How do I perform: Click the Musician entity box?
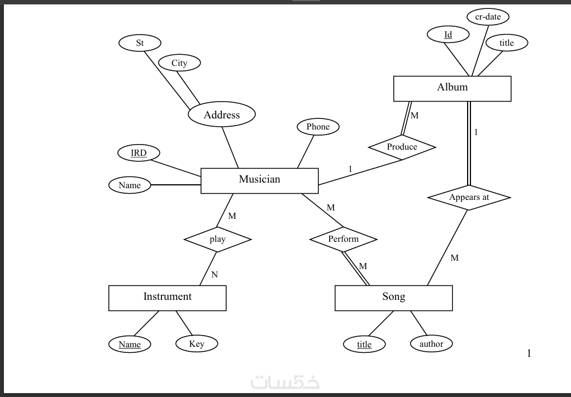259,180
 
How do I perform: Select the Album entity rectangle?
452,88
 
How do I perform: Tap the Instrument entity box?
167,298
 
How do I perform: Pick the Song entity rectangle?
393,298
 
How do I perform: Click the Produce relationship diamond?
402,147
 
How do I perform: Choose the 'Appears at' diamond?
469,198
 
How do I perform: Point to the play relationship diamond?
217,240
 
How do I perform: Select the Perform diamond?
343,240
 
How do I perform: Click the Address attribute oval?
222,115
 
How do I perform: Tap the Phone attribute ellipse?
318,127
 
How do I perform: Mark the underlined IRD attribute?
139,153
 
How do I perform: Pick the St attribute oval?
140,43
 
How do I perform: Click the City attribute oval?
179,63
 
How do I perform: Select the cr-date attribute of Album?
488,17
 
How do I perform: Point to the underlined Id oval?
448,35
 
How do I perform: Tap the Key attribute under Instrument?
197,344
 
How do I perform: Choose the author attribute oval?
431,344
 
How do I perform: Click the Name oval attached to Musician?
130,185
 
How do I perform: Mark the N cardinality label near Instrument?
215,275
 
